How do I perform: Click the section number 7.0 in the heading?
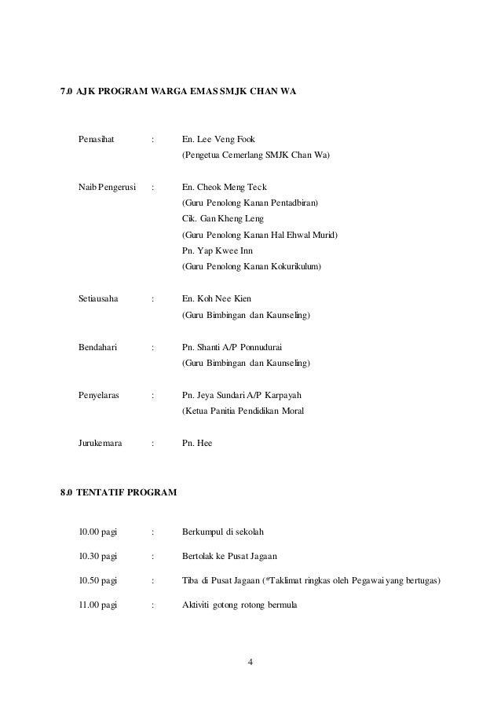(67, 93)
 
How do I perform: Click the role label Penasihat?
(97, 140)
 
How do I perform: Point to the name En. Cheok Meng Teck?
(224, 188)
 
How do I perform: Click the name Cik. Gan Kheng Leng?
(222, 219)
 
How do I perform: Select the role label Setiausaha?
(98, 299)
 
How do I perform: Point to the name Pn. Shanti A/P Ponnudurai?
(233, 347)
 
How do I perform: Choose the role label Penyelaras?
(98, 395)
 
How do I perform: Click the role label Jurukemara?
(100, 443)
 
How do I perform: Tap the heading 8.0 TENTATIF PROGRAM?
(119, 493)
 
